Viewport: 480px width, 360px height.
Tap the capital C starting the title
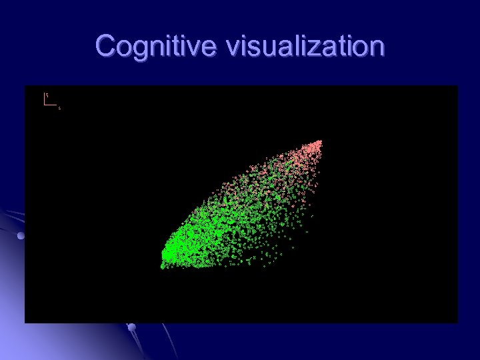click(105, 47)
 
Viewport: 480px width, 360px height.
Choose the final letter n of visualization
click(377, 49)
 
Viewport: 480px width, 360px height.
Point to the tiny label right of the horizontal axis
click(59, 107)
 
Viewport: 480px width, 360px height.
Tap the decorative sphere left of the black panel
click(21, 236)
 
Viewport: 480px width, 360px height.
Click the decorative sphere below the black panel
click(131, 327)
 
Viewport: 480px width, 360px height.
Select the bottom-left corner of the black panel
click(25, 322)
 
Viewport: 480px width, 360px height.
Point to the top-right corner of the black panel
click(457, 86)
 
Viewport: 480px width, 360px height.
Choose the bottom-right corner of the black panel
click(457, 322)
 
